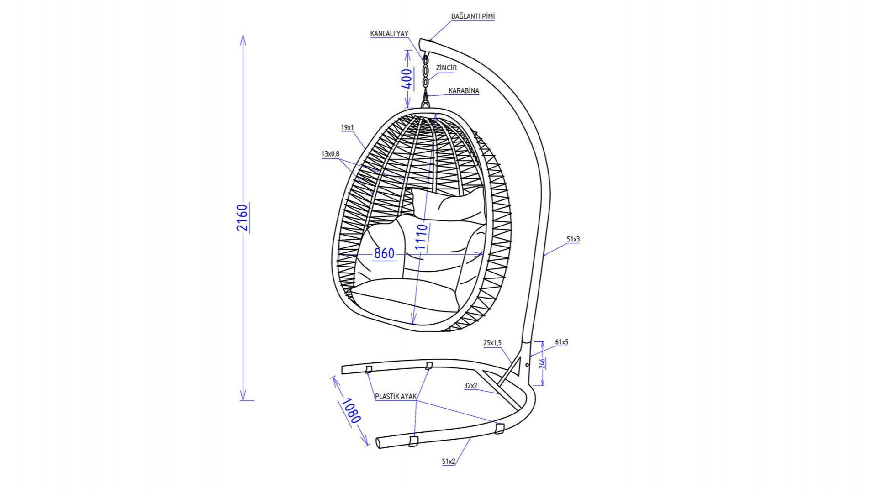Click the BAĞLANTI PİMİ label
click(x=473, y=16)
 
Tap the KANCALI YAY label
click(x=389, y=34)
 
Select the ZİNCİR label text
click(x=446, y=68)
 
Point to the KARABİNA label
click(x=464, y=91)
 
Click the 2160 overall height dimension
click(x=242, y=218)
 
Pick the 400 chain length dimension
click(x=407, y=79)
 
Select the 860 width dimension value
click(x=384, y=253)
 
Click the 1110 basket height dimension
click(x=421, y=236)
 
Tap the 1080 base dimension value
click(x=351, y=410)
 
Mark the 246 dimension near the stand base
click(x=542, y=363)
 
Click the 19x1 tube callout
click(x=347, y=128)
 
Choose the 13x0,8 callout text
click(x=330, y=154)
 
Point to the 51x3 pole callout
click(x=573, y=239)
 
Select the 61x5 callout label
click(x=562, y=342)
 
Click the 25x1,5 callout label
click(x=492, y=343)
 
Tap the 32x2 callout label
click(x=470, y=386)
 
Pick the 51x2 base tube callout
click(x=449, y=462)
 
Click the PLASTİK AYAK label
click(x=396, y=397)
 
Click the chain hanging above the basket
click(x=426, y=72)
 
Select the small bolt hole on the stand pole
click(x=527, y=365)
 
